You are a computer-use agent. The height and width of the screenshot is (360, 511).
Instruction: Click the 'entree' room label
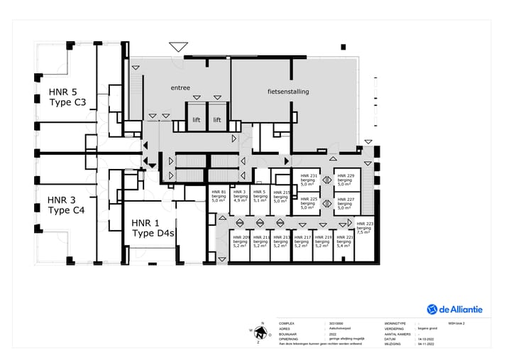coord(180,88)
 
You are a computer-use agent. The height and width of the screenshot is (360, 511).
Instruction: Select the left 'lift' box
coord(197,120)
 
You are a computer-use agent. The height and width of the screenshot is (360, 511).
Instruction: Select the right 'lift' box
coord(217,120)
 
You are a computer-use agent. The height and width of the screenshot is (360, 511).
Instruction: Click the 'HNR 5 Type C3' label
coord(67,98)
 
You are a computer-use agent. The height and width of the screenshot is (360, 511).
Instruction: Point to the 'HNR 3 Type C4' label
coord(66,205)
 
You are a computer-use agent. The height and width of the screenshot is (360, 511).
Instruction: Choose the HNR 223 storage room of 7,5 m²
coord(363,227)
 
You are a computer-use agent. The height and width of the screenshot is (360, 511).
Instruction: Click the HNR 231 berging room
coord(309,180)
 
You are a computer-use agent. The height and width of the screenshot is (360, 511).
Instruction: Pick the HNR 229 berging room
coord(346,180)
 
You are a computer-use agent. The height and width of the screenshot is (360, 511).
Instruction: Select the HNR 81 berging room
coord(219,196)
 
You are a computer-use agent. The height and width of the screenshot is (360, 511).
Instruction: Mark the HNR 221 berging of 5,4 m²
coord(344,241)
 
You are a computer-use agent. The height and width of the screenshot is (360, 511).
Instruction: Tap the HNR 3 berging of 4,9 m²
coord(240,196)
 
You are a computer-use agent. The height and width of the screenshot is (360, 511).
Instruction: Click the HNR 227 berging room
coord(346,204)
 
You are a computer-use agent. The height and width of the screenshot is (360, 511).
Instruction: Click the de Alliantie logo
coord(454,309)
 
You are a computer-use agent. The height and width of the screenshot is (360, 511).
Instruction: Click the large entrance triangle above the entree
coord(177,48)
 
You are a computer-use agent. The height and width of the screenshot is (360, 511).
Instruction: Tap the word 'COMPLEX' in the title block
coord(286,322)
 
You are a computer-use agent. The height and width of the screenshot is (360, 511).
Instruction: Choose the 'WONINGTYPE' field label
coord(395,322)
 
